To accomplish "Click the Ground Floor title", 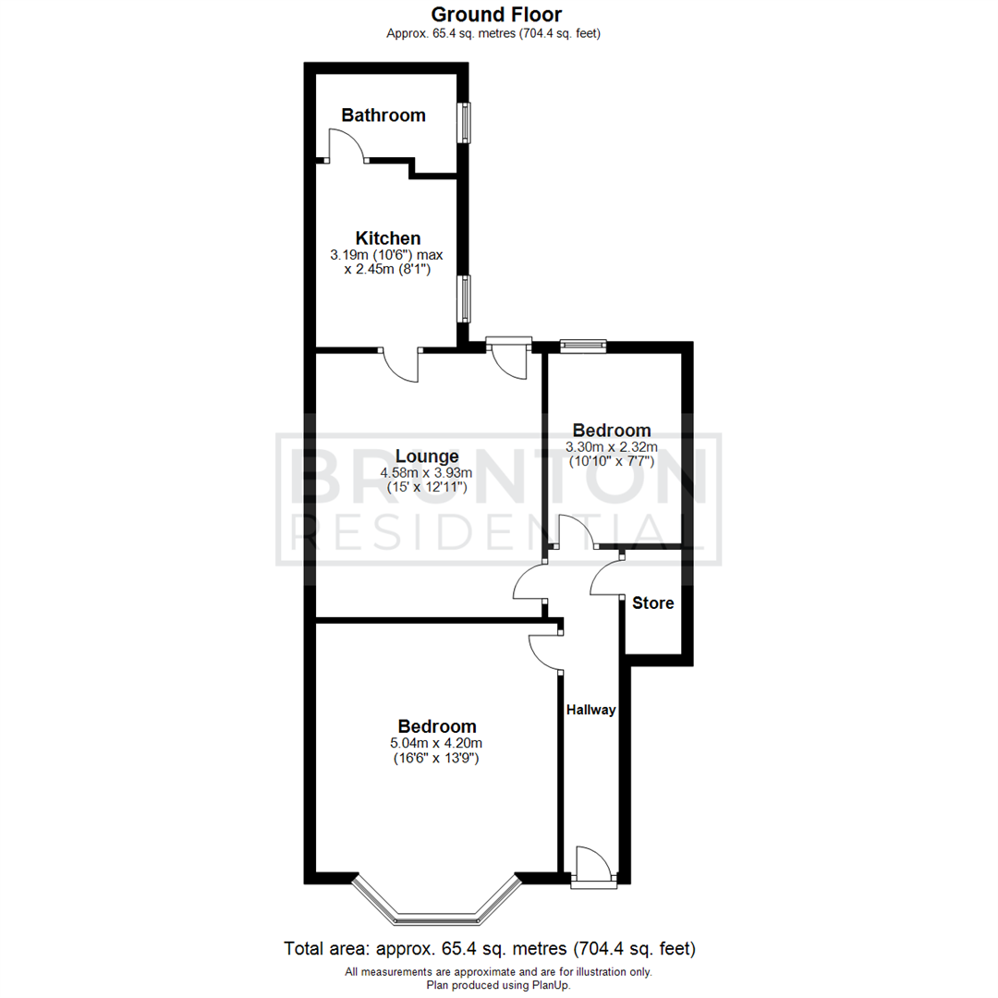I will click(497, 14).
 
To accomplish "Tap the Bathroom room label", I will click(383, 116).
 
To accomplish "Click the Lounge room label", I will click(427, 456).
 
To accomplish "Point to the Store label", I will click(652, 603).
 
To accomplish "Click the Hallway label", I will click(591, 710).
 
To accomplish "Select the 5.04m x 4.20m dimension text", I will click(437, 743).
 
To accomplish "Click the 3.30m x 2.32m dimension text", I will click(611, 447).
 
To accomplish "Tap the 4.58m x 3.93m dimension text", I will click(426, 472).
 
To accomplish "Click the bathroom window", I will click(467, 122).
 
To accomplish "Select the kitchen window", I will click(467, 298).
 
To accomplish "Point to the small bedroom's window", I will click(582, 347).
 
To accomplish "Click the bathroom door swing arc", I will click(347, 143).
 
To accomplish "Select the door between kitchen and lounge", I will click(402, 364).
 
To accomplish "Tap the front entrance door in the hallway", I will click(591, 867).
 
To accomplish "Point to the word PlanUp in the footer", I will click(551, 986).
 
